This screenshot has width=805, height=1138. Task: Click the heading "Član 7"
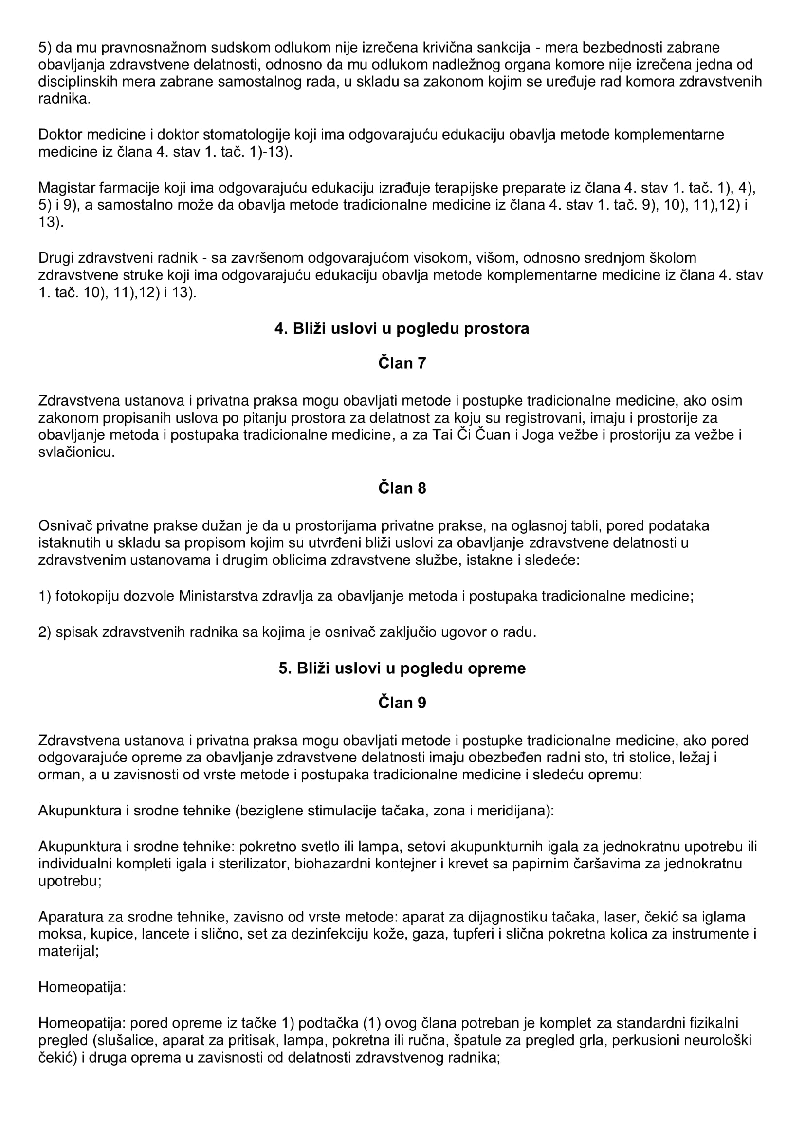[402, 363]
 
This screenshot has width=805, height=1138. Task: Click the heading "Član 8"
[402, 488]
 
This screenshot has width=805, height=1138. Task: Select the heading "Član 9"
[402, 703]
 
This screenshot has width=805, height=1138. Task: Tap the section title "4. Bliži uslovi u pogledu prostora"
[402, 328]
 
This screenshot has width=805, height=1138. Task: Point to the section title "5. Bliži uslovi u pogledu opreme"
[402, 668]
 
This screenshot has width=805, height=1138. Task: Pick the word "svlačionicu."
[76, 452]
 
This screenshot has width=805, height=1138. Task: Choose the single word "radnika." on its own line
[64, 99]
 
